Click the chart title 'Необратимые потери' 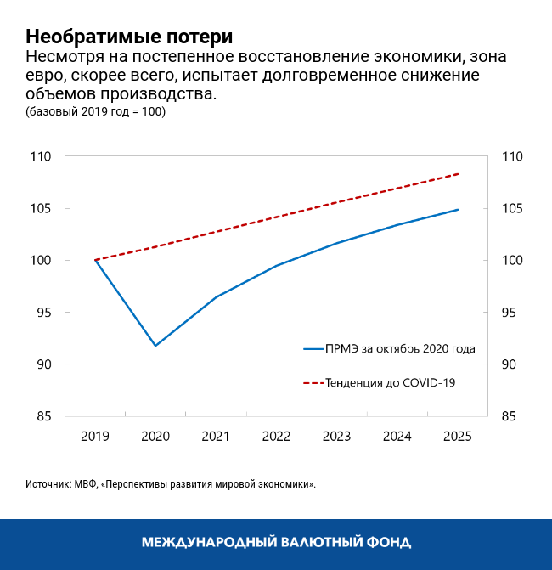pos(129,37)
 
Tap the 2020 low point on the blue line pos(155,346)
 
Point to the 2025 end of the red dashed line pos(459,174)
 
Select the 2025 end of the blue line pos(459,210)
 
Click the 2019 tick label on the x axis pos(95,436)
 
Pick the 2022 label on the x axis pos(276,436)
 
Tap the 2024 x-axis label pos(397,436)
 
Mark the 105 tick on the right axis pos(513,209)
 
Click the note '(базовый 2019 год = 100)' pos(95,112)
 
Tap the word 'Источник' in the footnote pos(49,483)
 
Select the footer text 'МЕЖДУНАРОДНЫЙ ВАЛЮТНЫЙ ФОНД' pos(276,542)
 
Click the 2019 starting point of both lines pos(95,260)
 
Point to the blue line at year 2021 pos(216,297)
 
